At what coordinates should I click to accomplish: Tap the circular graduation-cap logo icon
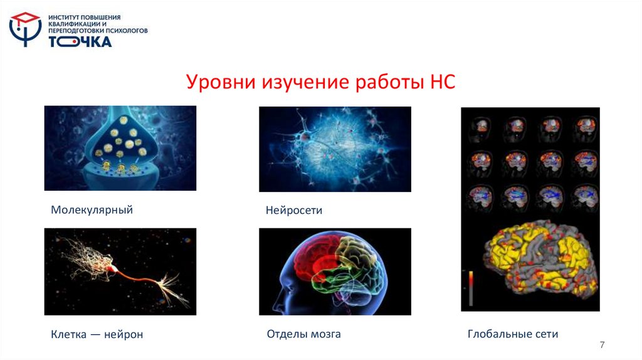tap(26, 29)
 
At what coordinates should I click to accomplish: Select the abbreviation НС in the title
tap(442, 82)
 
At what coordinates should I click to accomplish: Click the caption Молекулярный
tap(92, 210)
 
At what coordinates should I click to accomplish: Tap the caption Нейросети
tap(294, 211)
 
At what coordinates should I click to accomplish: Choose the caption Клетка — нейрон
tap(97, 335)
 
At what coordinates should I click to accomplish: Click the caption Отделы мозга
tap(304, 334)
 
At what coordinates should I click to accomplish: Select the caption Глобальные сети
tap(513, 334)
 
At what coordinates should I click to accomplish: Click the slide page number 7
tap(603, 345)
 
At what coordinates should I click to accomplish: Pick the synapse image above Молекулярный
tap(120, 148)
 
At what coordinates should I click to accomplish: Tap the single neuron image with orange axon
tap(120, 271)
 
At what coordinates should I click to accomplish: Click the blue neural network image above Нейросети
tap(335, 149)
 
